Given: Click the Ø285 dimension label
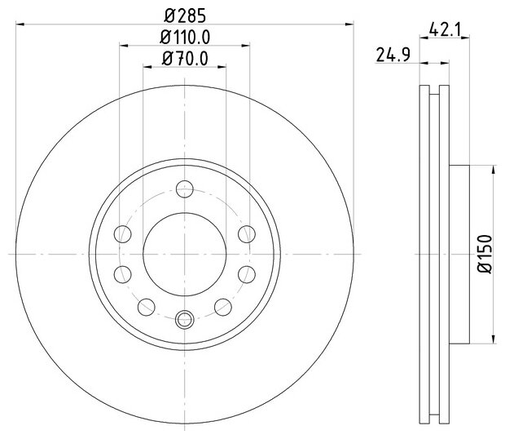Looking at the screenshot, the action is (x=185, y=16).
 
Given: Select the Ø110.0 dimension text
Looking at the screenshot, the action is (x=185, y=37).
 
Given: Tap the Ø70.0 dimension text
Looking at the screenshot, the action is (x=185, y=59).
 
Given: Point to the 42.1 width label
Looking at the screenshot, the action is (x=445, y=30).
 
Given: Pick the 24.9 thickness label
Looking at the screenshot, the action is (x=393, y=55).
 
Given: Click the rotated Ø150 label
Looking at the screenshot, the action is (x=485, y=254).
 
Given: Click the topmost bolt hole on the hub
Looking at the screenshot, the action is (x=185, y=189).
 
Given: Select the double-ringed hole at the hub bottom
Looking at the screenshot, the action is (x=185, y=319).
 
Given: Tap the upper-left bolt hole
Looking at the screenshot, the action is (x=123, y=234).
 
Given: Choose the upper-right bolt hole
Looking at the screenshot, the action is (x=247, y=234).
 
